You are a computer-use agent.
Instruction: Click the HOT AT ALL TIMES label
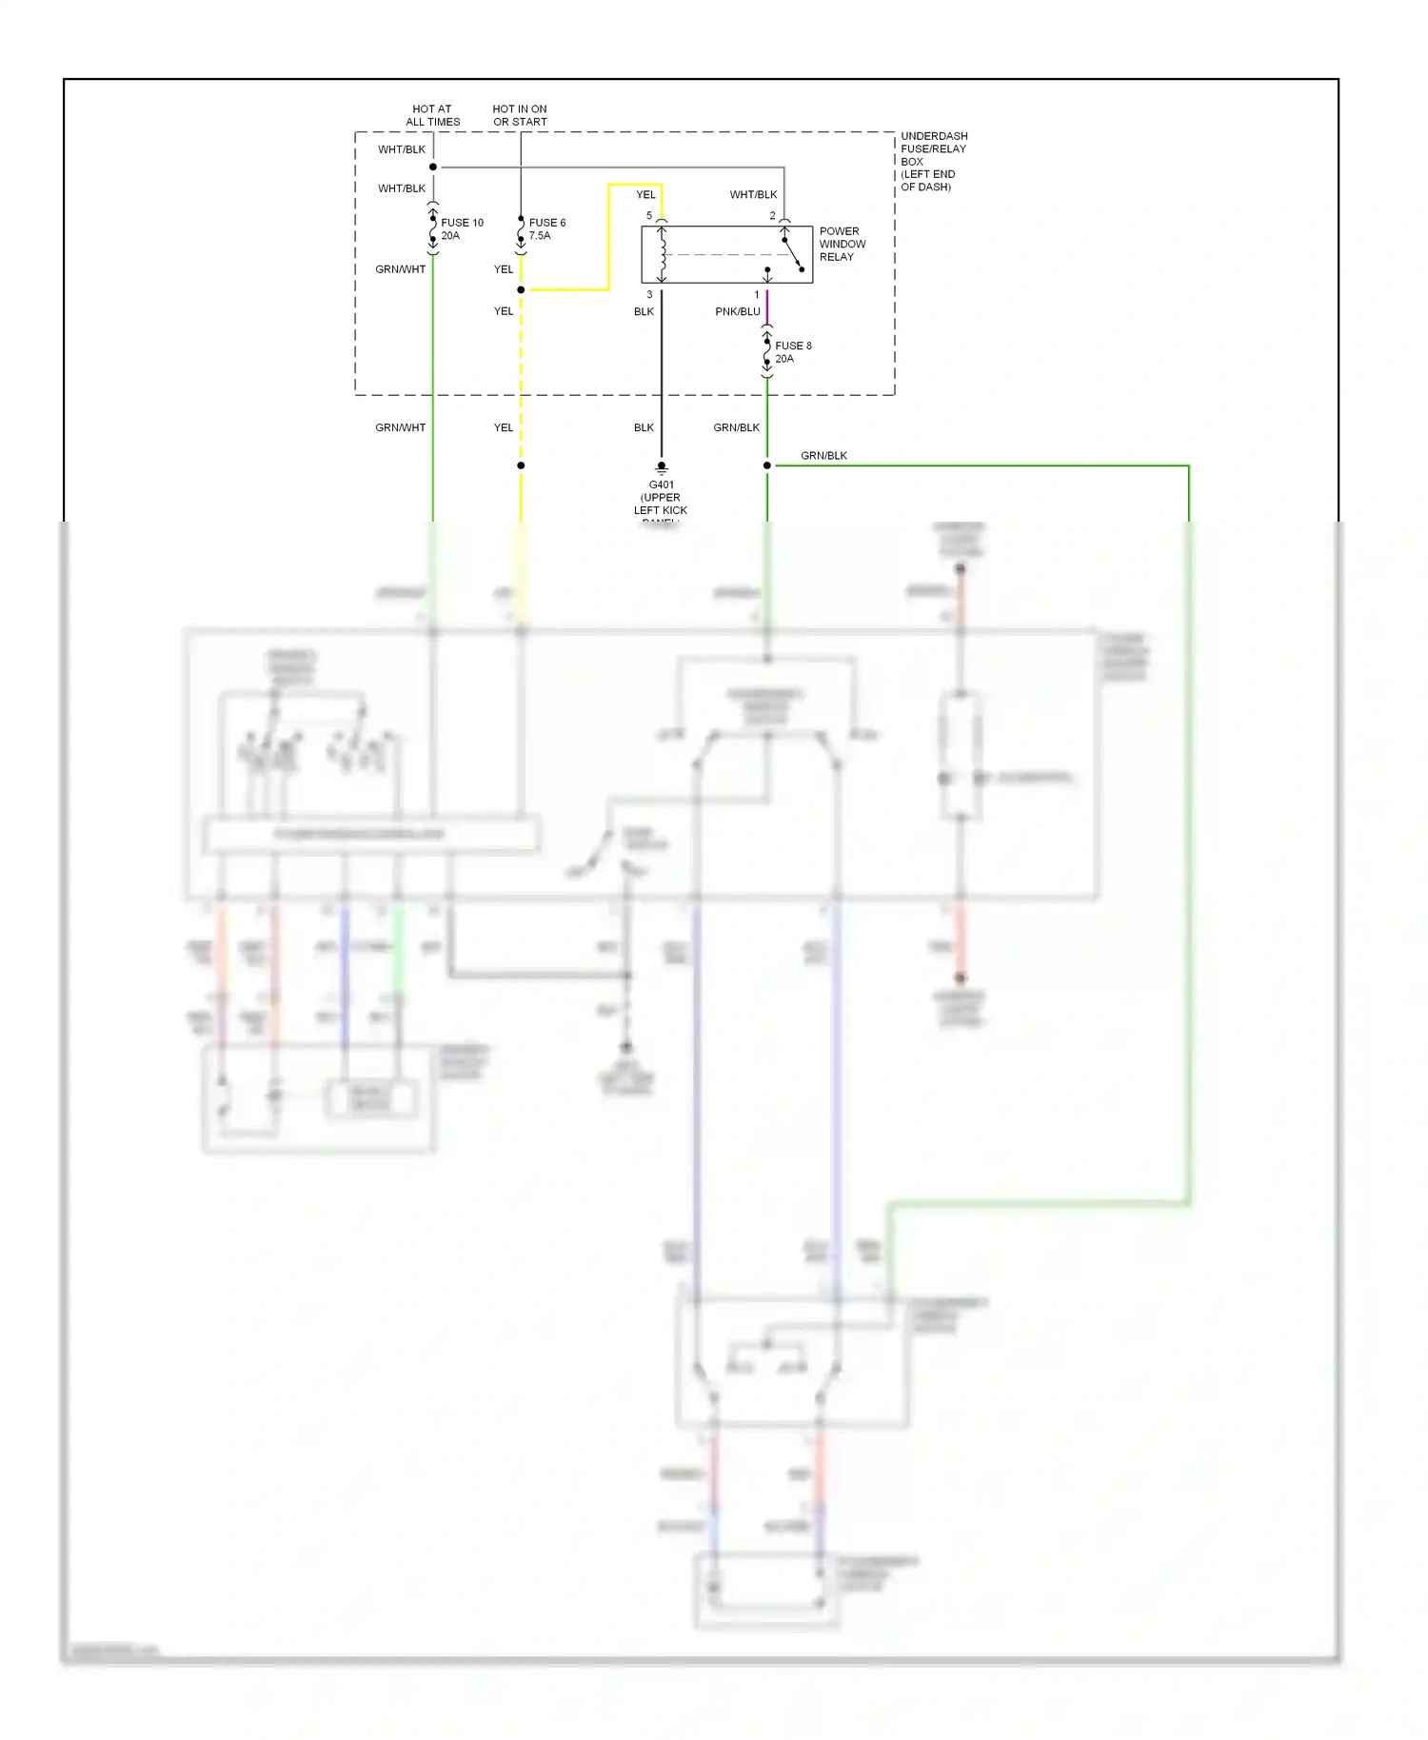(x=432, y=115)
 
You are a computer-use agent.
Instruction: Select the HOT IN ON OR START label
(x=520, y=115)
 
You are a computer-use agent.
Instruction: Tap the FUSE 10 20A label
(x=462, y=228)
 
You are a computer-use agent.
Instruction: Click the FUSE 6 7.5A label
(x=546, y=228)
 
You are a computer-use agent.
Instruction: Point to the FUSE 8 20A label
(x=792, y=352)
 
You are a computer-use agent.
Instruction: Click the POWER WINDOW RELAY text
(x=842, y=244)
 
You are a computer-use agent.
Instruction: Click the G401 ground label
(x=661, y=498)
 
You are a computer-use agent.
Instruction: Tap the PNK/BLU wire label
(x=738, y=311)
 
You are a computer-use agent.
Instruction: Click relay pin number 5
(x=649, y=216)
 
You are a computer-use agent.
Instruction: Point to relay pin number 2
(x=772, y=216)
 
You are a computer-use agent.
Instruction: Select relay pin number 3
(x=649, y=295)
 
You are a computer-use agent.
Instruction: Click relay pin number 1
(x=757, y=295)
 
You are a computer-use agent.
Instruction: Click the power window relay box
(x=726, y=254)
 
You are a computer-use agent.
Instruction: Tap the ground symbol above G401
(x=662, y=468)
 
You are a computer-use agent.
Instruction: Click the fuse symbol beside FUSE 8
(x=767, y=352)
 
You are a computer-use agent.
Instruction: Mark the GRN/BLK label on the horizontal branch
(x=823, y=456)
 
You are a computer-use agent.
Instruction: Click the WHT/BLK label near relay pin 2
(x=753, y=194)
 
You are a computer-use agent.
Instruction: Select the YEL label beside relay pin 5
(x=645, y=194)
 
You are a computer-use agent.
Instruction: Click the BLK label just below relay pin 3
(x=644, y=311)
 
